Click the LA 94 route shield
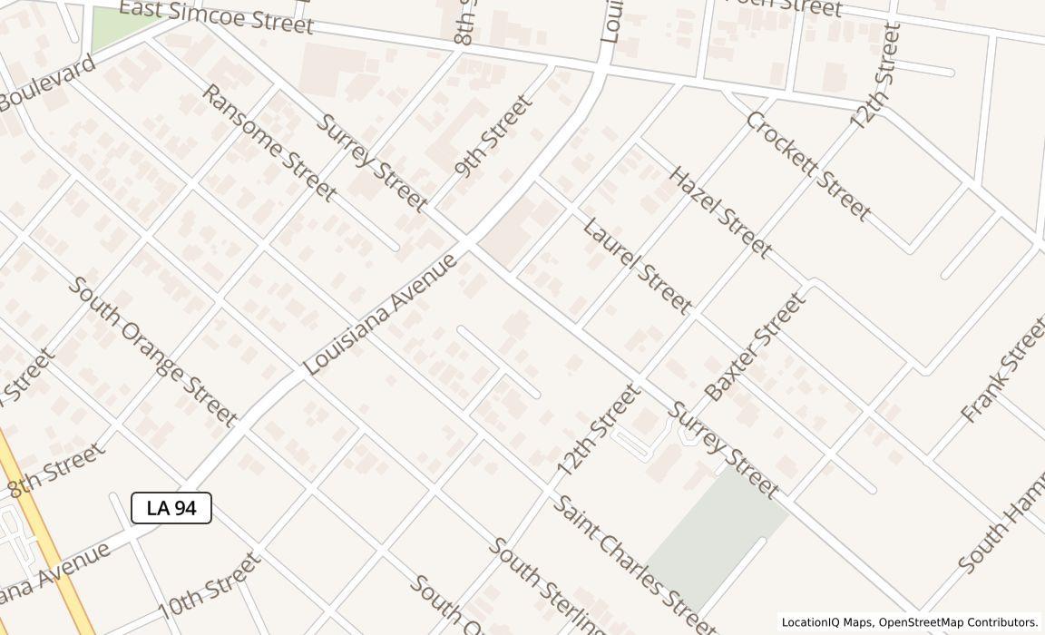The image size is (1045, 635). tap(171, 508)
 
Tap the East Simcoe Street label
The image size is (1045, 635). tap(216, 17)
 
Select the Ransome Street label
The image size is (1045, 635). tap(269, 142)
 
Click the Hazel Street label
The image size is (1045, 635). tap(720, 211)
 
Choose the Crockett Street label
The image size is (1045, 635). tap(809, 166)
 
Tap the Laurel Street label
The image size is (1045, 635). tap(637, 265)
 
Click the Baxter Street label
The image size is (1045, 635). tap(755, 347)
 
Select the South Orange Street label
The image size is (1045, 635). tap(153, 351)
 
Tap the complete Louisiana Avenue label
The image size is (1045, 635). tap(380, 315)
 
